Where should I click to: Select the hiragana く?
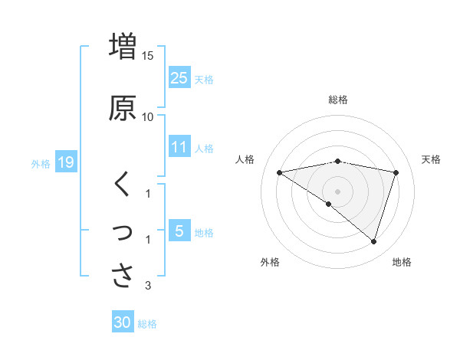(x=122, y=183)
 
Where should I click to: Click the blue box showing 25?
(x=179, y=77)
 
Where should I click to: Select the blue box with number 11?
(x=179, y=147)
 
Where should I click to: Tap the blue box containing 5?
(x=179, y=231)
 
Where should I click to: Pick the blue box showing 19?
(x=65, y=162)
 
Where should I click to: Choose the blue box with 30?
(x=123, y=322)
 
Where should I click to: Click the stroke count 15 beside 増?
(x=148, y=55)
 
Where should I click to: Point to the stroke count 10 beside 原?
(x=148, y=116)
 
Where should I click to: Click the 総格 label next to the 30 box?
(x=147, y=324)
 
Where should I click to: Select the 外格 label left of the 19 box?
(x=41, y=163)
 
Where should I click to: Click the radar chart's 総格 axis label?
(x=338, y=100)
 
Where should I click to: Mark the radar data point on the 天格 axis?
(x=396, y=172)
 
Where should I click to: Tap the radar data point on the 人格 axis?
(x=280, y=172)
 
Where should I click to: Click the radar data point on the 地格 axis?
(x=373, y=241)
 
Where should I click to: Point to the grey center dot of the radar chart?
(x=338, y=191)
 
